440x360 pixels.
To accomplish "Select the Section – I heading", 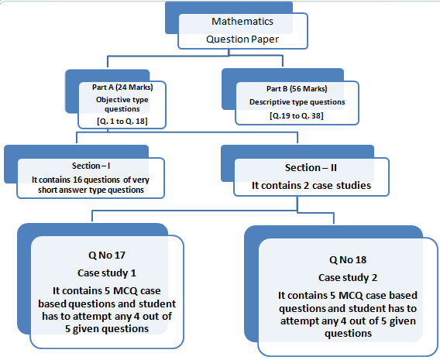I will click(x=107, y=166).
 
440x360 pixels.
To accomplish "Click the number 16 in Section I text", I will click(x=91, y=179).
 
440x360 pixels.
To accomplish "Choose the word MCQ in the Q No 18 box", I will click(x=347, y=295).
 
